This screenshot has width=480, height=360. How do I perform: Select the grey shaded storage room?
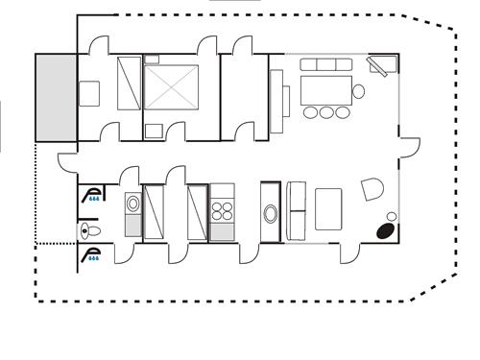(x=55, y=95)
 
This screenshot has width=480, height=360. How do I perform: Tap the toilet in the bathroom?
(x=89, y=230)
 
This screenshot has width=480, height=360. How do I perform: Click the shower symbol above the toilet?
(x=93, y=197)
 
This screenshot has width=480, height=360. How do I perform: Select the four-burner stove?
(x=222, y=210)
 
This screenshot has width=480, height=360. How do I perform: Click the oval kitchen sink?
(x=271, y=215)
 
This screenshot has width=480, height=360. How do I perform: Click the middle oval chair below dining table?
(x=325, y=112)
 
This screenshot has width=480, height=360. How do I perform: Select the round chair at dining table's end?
(x=358, y=92)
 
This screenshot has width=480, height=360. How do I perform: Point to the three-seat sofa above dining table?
(x=324, y=65)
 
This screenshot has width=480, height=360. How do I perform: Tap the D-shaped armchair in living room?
(x=372, y=190)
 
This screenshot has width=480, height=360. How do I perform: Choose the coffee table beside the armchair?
(x=328, y=209)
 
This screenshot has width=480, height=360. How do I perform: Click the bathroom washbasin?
(x=132, y=204)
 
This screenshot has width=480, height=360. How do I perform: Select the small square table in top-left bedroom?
(x=89, y=94)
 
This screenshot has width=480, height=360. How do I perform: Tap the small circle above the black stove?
(x=392, y=216)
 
